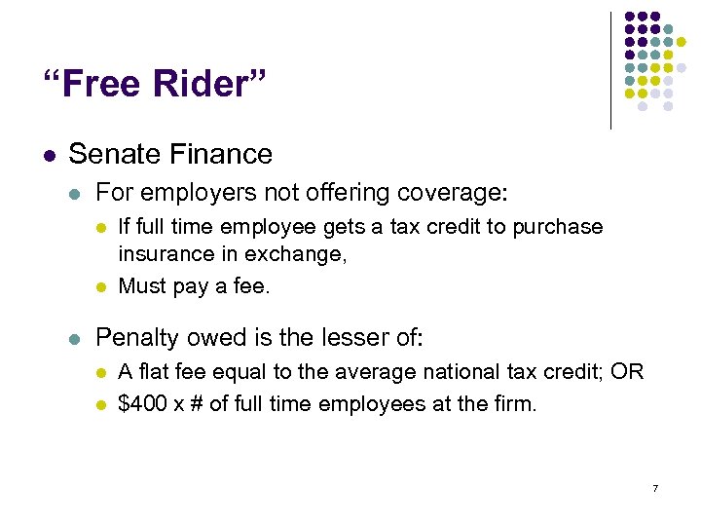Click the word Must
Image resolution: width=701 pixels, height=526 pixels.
141,286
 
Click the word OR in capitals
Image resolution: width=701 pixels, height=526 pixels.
628,372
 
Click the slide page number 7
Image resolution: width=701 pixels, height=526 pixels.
655,487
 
